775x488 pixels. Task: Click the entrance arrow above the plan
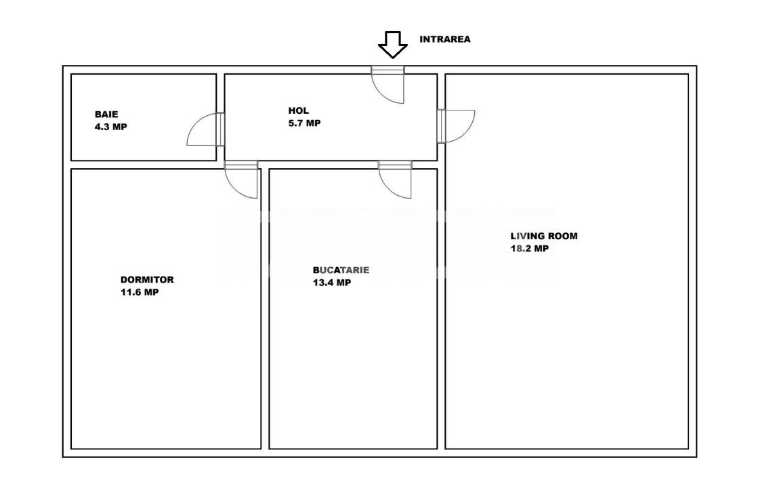point(393,45)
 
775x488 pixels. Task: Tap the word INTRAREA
point(445,39)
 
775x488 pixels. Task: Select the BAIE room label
point(106,115)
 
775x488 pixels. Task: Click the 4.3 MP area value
point(110,127)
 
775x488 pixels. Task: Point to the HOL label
point(299,110)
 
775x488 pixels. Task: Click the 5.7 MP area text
point(304,123)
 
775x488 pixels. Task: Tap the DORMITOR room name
point(147,280)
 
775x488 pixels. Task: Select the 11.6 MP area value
point(140,292)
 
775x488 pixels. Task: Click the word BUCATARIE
point(341,270)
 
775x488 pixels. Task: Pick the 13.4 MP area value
point(332,283)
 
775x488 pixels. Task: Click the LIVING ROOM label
point(544,237)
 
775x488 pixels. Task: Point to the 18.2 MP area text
point(529,249)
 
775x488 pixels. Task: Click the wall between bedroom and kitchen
point(265,309)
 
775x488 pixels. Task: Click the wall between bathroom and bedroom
point(144,165)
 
